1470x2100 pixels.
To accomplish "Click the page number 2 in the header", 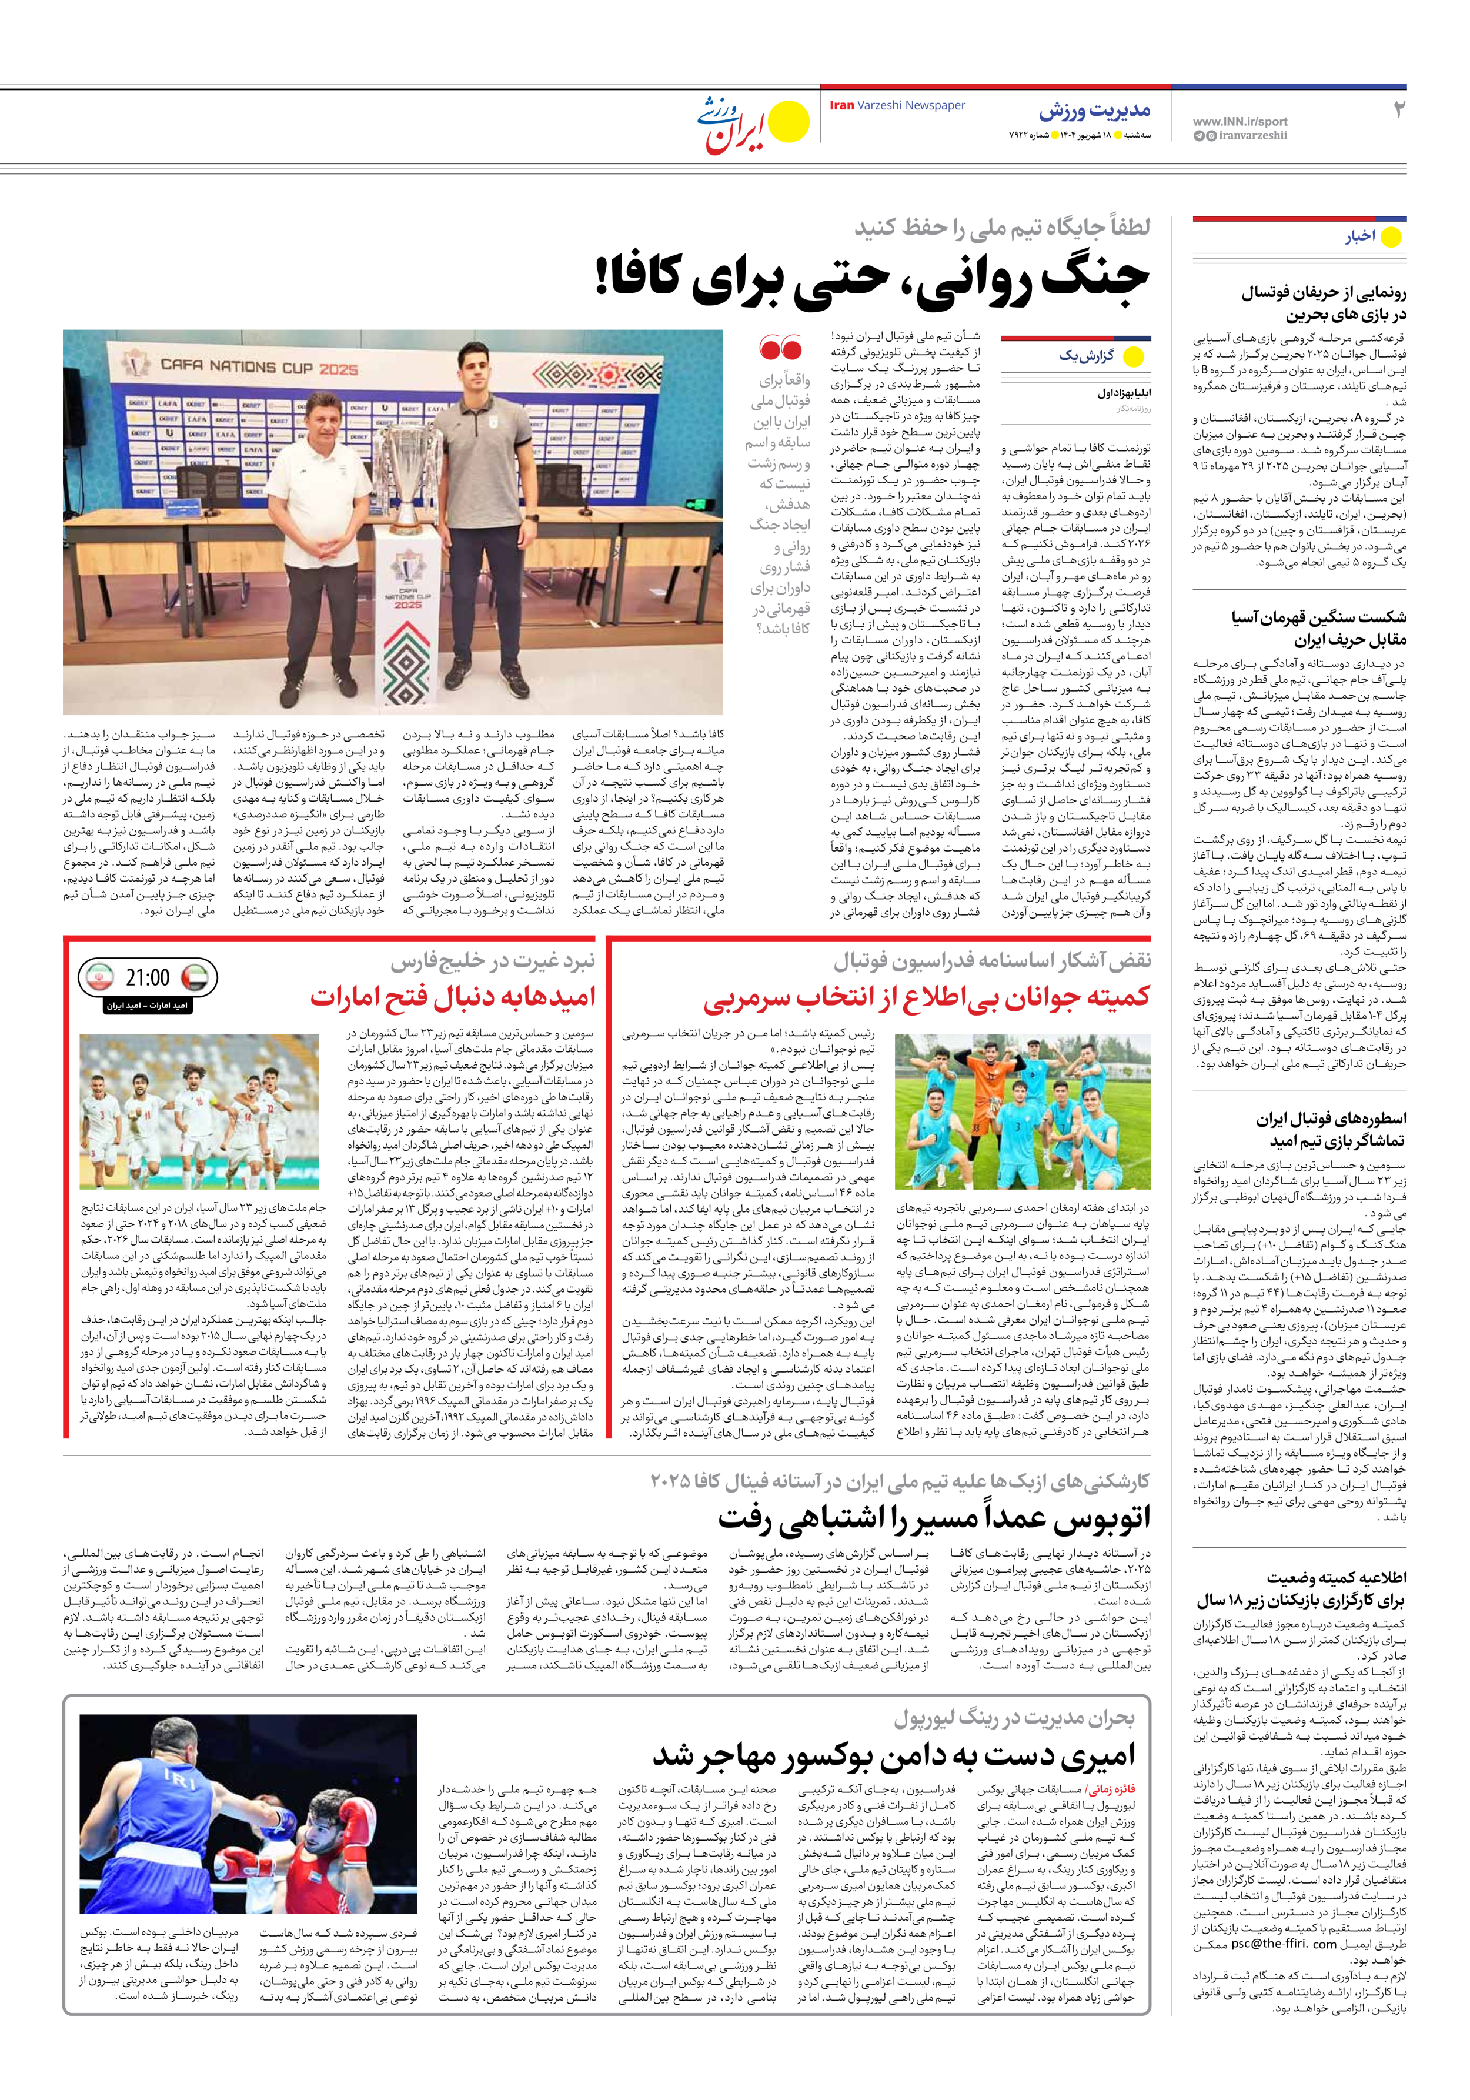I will coord(1398,110).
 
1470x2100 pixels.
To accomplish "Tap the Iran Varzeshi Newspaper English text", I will coord(897,105).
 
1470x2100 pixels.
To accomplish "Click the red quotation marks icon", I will coord(780,348).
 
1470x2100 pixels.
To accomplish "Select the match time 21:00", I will coord(147,978).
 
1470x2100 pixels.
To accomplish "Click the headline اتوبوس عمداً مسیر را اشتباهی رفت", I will coord(933,1519).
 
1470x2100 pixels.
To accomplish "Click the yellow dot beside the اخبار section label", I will coord(1391,237).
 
